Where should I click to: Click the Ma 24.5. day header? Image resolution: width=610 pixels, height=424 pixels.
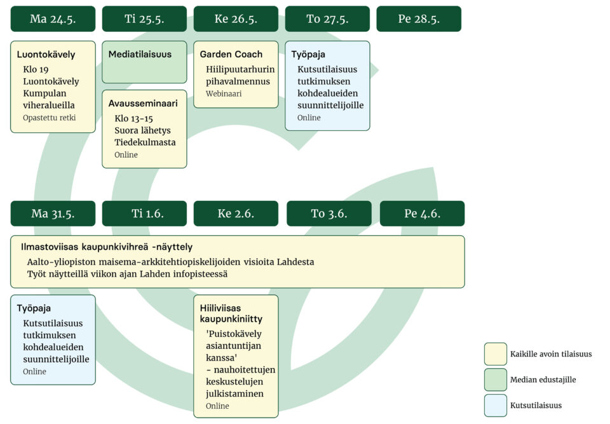(53, 18)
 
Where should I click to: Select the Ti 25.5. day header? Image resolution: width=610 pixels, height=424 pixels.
(144, 18)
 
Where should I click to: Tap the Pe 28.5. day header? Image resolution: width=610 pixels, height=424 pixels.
(419, 18)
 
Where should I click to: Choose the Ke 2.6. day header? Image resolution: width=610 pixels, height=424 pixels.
(236, 214)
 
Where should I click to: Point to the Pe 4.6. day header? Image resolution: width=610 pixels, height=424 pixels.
(422, 214)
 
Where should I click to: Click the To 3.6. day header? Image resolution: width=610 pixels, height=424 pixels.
(329, 214)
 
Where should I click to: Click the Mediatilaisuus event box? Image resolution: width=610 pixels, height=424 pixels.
(144, 62)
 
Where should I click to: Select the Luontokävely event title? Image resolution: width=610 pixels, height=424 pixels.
(46, 55)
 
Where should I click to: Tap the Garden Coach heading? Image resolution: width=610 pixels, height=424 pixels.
(231, 54)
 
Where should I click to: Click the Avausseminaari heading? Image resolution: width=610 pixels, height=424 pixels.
(143, 103)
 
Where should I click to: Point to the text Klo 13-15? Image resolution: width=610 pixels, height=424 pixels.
(133, 118)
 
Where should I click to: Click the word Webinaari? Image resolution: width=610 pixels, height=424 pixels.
(224, 93)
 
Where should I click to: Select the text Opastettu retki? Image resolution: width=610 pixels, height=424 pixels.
(50, 118)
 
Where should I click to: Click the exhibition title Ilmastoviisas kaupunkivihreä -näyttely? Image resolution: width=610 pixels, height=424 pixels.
(107, 247)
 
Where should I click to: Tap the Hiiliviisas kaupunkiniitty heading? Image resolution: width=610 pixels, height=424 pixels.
(231, 313)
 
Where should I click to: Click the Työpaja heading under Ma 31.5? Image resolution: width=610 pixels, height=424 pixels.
(34, 308)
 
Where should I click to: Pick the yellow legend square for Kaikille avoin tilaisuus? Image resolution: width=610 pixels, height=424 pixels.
(496, 354)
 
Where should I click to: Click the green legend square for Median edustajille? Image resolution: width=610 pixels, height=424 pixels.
(496, 380)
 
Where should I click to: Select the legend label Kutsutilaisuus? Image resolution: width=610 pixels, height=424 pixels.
(536, 406)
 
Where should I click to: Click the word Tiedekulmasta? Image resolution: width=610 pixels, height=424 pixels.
(145, 142)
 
